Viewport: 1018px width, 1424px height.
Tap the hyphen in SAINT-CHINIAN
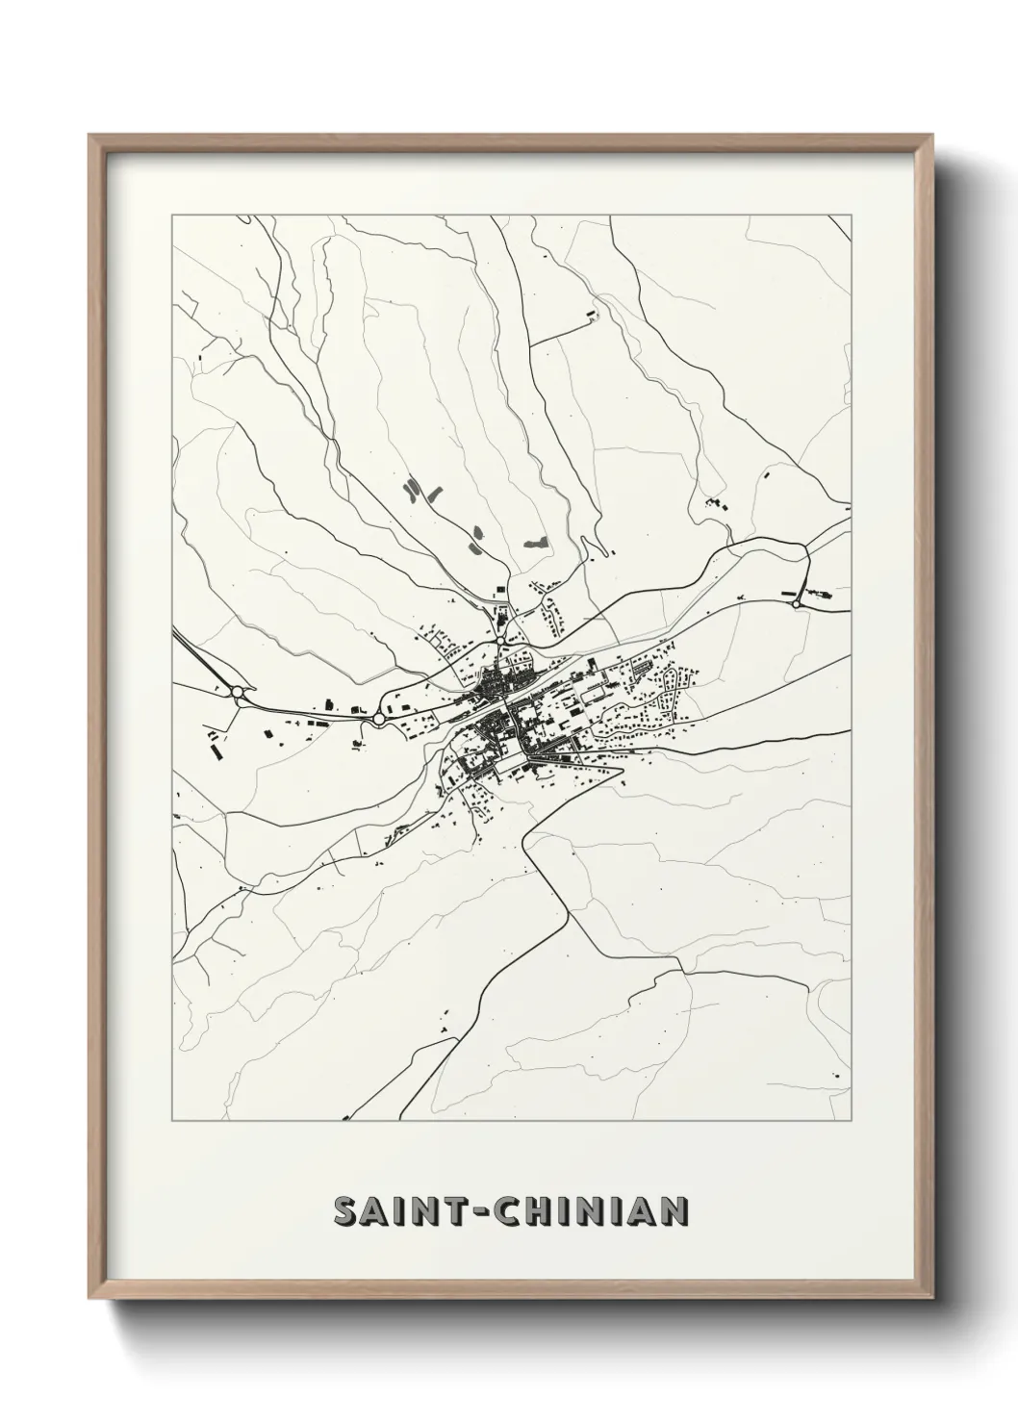[x=481, y=1212]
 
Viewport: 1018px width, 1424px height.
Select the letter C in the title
[x=511, y=1212]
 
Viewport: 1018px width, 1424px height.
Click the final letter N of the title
[x=673, y=1212]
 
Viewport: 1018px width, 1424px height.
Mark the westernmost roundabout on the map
[x=238, y=691]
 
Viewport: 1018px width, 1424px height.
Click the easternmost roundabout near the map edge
[x=796, y=603]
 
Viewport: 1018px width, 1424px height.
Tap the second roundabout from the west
[x=379, y=718]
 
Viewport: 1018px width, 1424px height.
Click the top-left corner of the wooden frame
[x=90, y=136]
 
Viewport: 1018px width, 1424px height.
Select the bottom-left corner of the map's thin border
[x=172, y=1122]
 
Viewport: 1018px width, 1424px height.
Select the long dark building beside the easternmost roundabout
[x=791, y=592]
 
